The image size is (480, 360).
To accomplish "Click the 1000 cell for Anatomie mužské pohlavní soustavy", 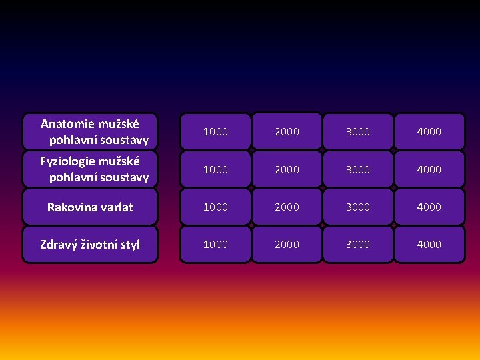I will (215, 132).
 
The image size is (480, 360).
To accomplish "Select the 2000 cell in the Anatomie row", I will (287, 132).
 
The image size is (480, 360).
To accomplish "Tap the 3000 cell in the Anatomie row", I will (358, 132).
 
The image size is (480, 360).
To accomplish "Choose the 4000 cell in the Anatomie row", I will (429, 132).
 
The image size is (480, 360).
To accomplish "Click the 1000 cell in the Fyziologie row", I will (215, 169).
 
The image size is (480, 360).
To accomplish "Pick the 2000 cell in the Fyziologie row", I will (287, 169).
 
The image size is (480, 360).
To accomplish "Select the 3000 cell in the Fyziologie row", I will (358, 169).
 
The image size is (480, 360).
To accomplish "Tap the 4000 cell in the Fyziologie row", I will (429, 169).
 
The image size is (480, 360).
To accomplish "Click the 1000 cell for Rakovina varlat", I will (215, 207).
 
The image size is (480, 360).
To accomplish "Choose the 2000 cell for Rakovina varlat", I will (287, 207).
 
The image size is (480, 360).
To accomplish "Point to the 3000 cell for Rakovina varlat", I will (358, 207).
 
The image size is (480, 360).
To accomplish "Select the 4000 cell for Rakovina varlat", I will (429, 207).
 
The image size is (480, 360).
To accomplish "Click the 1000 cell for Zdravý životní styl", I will (215, 244).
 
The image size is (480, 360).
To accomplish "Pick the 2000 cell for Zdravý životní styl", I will (287, 244).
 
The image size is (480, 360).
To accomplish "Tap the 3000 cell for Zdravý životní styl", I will (358, 244).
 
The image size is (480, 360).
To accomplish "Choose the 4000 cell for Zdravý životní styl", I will (429, 244).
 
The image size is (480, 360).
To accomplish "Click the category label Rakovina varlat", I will (90, 207).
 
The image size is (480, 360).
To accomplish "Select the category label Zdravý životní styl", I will (90, 245).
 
